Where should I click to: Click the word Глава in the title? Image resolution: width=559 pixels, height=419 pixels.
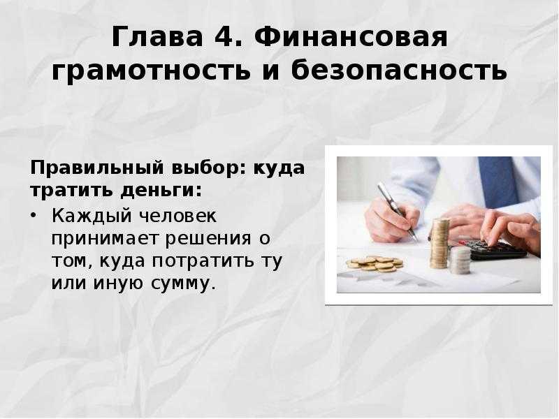pos(157,37)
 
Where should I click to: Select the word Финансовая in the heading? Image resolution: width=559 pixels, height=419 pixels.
pos(351,37)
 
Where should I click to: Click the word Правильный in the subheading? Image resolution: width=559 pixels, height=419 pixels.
pos(97,168)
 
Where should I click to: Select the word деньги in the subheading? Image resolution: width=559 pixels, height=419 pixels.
pos(161,190)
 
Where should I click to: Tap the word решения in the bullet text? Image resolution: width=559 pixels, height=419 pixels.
pos(208,238)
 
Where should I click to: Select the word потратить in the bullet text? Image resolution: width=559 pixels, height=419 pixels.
pos(203,260)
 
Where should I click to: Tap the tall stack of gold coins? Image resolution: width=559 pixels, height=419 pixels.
pos(440,243)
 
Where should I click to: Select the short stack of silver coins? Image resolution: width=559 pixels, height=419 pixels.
pos(460,260)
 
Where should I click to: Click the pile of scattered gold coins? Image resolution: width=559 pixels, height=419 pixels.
pos(375,264)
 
